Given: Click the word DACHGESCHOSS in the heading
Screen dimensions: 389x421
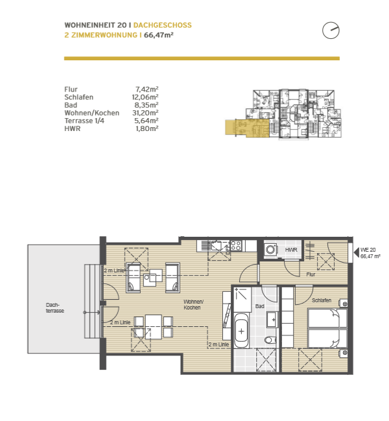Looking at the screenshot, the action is [162, 25].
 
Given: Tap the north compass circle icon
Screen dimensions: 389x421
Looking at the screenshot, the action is [331, 30].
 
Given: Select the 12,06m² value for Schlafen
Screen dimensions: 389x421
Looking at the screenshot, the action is [145, 97].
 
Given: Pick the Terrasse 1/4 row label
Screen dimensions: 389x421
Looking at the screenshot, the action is [84, 121].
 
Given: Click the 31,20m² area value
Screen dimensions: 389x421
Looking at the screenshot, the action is [145, 113].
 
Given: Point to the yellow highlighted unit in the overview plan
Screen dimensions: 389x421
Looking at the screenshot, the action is [247, 128].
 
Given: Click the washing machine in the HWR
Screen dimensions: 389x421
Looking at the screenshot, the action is [270, 250].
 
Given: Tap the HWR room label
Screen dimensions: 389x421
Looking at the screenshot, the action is [291, 250].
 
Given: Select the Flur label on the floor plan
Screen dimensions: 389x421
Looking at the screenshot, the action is [311, 274].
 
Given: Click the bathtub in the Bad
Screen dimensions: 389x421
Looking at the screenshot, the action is [241, 331].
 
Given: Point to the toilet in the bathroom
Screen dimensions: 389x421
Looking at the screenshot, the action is [270, 340].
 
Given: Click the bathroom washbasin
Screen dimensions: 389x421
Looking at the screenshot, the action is [272, 320].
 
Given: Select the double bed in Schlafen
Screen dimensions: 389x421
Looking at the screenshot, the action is [327, 328].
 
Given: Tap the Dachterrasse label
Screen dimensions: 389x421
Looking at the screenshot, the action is [55, 308].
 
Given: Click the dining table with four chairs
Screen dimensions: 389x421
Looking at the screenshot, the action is [154, 327].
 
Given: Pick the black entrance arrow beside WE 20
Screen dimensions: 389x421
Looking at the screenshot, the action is [357, 252].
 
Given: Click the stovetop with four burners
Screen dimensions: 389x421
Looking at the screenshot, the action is [236, 245].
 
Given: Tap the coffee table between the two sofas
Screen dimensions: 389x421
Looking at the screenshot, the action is [153, 278].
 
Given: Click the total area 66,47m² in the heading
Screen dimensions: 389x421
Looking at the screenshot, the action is [159, 35].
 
